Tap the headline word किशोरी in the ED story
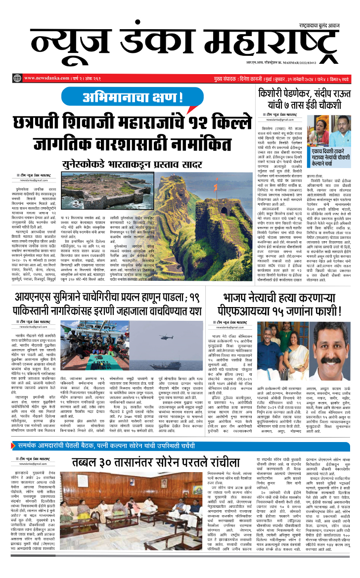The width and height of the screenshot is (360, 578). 275,93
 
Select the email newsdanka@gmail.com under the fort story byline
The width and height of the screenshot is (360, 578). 34,181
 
